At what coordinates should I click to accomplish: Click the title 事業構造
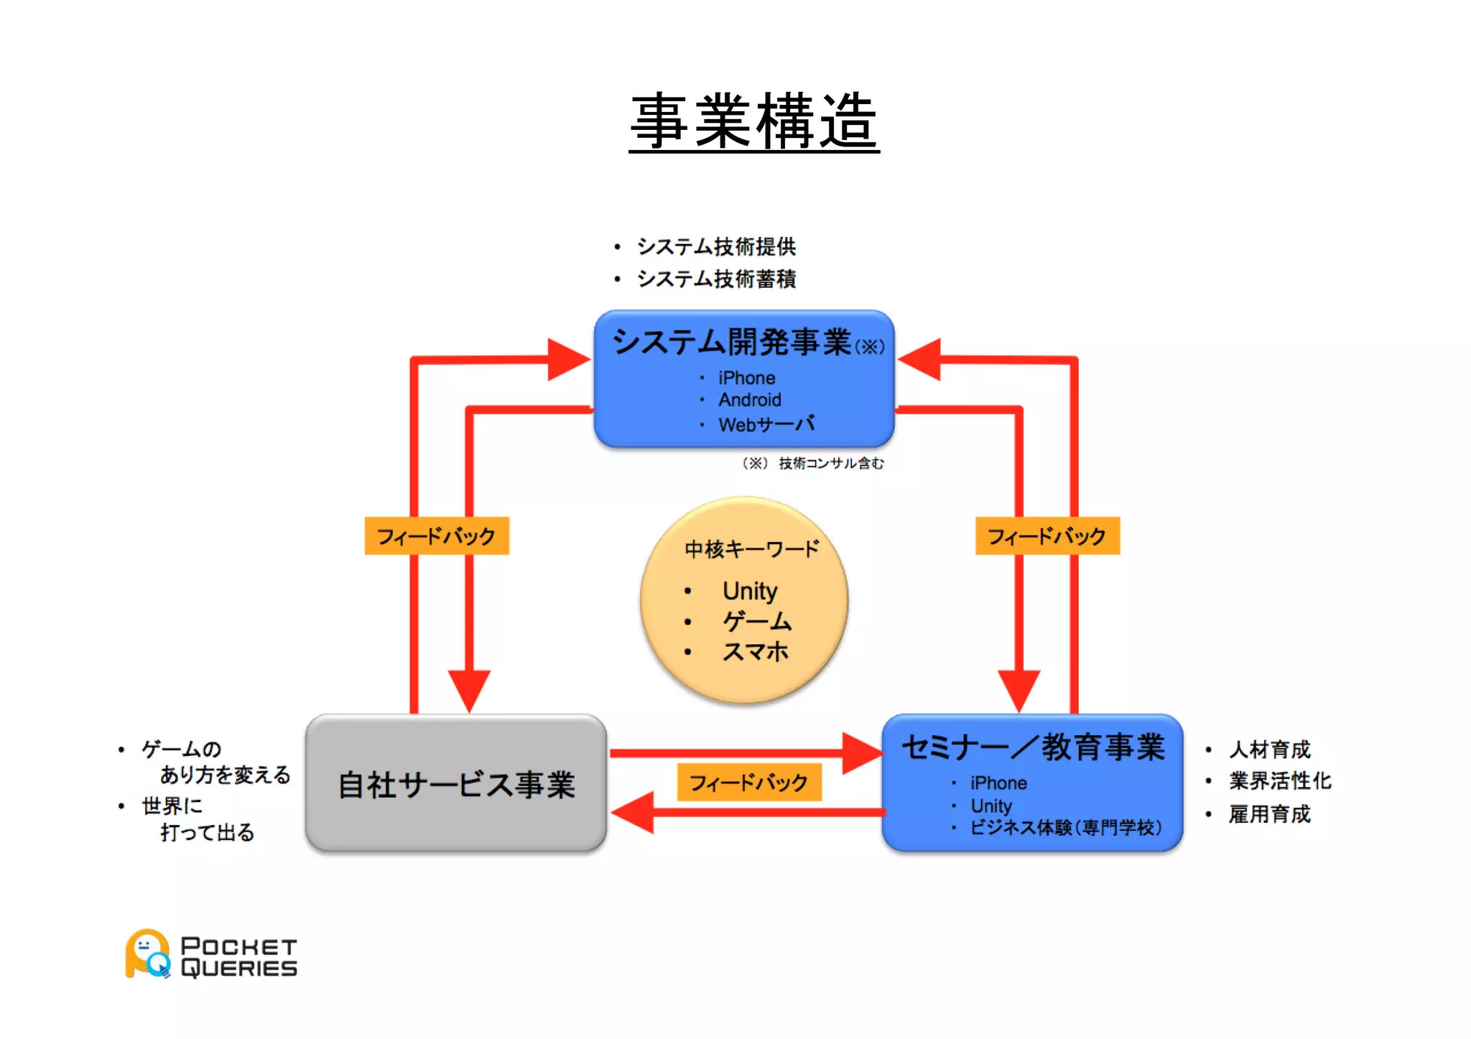[x=753, y=122]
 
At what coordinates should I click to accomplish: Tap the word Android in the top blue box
[x=749, y=400]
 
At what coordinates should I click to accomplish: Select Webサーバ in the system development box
[x=766, y=424]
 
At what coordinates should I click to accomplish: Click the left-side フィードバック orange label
[x=436, y=536]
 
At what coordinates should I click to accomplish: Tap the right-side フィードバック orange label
[x=1047, y=536]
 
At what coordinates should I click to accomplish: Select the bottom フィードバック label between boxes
[x=748, y=783]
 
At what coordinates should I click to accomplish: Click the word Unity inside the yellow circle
[x=749, y=591]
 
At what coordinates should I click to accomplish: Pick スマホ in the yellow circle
[x=755, y=652]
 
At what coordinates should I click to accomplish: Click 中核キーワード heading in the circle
[x=751, y=549]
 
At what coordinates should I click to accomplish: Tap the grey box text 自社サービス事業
[x=456, y=785]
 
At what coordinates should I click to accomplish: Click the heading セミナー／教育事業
[x=1033, y=747]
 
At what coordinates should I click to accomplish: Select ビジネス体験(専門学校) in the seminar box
[x=1065, y=828]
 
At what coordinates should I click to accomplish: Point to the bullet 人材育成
[x=1269, y=750]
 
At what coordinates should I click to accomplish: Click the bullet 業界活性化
[x=1279, y=781]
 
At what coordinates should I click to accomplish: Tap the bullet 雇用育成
[x=1269, y=814]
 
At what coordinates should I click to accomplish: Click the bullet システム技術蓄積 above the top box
[x=715, y=279]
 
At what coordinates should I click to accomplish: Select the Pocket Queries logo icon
[x=148, y=954]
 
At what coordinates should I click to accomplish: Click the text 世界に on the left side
[x=172, y=806]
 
